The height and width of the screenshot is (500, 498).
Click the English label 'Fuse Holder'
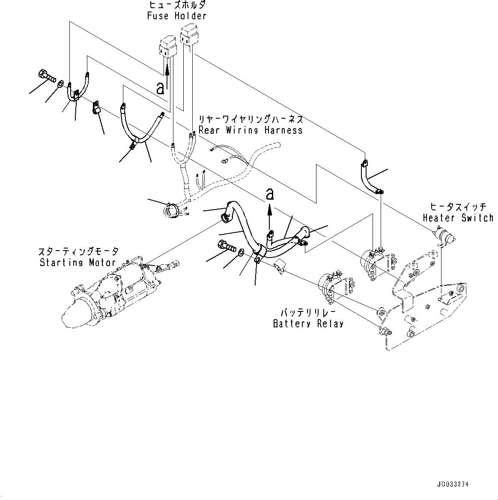click(x=176, y=16)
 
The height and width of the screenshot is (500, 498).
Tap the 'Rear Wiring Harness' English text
click(x=250, y=130)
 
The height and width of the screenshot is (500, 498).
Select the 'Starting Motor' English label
click(x=78, y=262)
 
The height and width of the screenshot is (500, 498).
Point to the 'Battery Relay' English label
click(x=308, y=323)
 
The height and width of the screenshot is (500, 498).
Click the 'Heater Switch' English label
click(x=458, y=218)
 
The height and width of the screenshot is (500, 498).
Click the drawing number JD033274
click(x=453, y=485)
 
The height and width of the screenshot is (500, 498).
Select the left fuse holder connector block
click(x=167, y=48)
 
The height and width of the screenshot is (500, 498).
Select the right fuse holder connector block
click(x=189, y=35)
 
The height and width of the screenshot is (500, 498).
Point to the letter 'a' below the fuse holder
click(x=160, y=88)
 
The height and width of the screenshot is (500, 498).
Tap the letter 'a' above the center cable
click(x=270, y=195)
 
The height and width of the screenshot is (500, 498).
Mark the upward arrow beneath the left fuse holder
click(x=167, y=75)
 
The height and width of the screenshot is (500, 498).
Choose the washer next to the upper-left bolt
click(x=61, y=84)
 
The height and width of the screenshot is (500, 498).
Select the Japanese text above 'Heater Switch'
click(x=459, y=207)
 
